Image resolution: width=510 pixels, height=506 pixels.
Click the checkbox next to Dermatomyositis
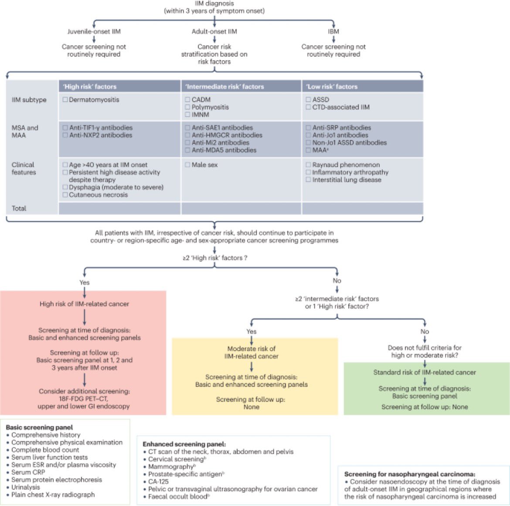coord(65,99)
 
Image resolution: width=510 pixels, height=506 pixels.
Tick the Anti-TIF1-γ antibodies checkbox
coord(65,128)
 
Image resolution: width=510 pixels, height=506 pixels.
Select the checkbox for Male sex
coord(187,165)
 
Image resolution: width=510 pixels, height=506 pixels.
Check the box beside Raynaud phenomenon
coord(308,165)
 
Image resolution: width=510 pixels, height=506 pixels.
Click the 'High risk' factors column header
coord(90,86)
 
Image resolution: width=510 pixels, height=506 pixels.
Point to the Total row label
coord(19,208)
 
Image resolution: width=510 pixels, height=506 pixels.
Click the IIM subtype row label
coord(29,99)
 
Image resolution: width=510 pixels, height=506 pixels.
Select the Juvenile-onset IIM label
coord(94,31)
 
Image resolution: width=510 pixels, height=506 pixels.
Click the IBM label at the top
coord(333,31)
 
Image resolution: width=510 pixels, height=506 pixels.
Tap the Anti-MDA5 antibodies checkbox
coord(187,150)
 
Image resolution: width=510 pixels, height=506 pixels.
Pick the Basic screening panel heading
coord(39,427)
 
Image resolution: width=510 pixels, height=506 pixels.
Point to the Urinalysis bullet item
coord(26,487)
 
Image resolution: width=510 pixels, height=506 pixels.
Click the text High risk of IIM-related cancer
coord(84,304)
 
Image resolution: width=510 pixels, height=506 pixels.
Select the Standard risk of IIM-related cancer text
coord(425,373)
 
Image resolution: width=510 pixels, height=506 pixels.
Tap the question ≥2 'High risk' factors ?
coord(215,258)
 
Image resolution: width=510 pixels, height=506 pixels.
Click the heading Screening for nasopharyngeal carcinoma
coord(410,474)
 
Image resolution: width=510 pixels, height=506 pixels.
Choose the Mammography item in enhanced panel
coord(170,467)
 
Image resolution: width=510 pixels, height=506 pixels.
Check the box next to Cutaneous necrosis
coord(65,195)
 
